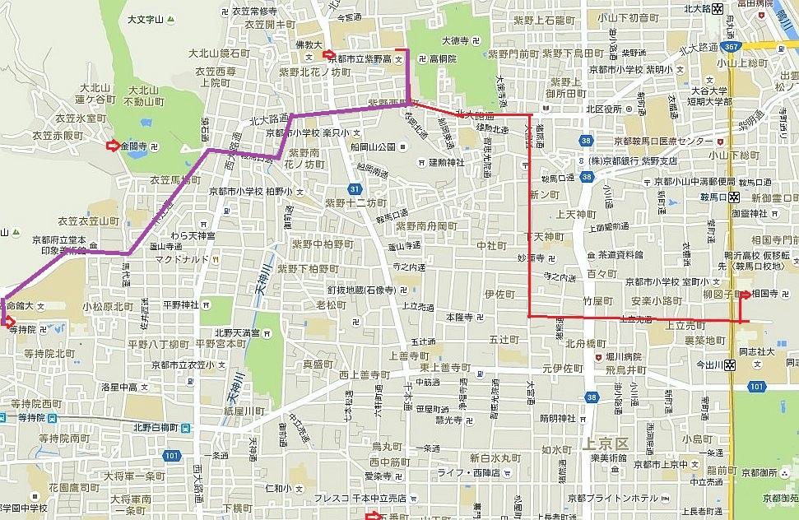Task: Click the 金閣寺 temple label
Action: (x=135, y=146)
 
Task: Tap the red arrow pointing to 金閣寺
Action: (x=112, y=146)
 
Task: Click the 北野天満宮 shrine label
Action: (x=238, y=332)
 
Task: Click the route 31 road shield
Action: (x=353, y=189)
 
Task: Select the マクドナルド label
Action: (x=181, y=258)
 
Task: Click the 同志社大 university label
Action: (x=769, y=351)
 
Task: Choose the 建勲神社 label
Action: (x=447, y=162)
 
